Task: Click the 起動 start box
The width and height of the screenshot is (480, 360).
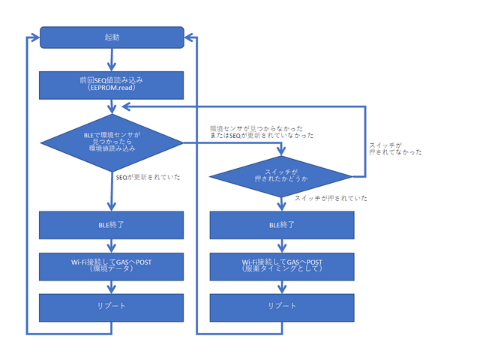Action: point(111,36)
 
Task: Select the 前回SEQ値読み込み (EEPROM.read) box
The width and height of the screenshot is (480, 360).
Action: point(111,84)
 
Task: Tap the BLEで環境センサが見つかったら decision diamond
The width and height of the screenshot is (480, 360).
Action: point(111,142)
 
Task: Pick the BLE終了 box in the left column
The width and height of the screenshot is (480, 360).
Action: point(111,224)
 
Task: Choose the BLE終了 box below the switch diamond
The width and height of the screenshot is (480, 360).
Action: point(280,224)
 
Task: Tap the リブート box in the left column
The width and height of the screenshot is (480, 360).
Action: point(111,306)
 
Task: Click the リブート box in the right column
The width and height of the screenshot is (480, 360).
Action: point(280,306)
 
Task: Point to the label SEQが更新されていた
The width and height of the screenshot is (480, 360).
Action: point(148,177)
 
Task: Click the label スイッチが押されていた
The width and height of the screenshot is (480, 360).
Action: point(331,198)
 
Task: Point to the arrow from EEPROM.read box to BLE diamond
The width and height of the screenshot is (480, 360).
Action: point(111,106)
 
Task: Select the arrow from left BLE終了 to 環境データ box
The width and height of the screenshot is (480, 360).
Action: point(111,244)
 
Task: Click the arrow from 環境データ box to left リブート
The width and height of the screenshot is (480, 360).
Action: point(111,286)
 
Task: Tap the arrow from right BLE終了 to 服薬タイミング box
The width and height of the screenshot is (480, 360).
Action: point(280,244)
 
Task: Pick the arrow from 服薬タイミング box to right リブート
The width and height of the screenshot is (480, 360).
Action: point(280,286)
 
